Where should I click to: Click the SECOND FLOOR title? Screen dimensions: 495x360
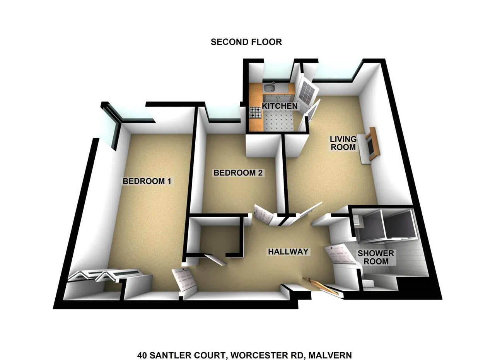[x=246, y=42]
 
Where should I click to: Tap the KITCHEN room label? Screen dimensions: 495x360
[x=280, y=106]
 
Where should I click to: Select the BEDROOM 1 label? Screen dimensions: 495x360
[x=147, y=181]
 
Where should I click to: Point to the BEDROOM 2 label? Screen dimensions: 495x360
[x=238, y=173]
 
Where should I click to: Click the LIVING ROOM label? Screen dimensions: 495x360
[x=343, y=143]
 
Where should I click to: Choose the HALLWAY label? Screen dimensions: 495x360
[x=288, y=252]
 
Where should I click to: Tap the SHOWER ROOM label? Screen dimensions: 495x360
[x=376, y=258]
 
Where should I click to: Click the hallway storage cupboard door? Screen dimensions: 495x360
[x=215, y=259]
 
